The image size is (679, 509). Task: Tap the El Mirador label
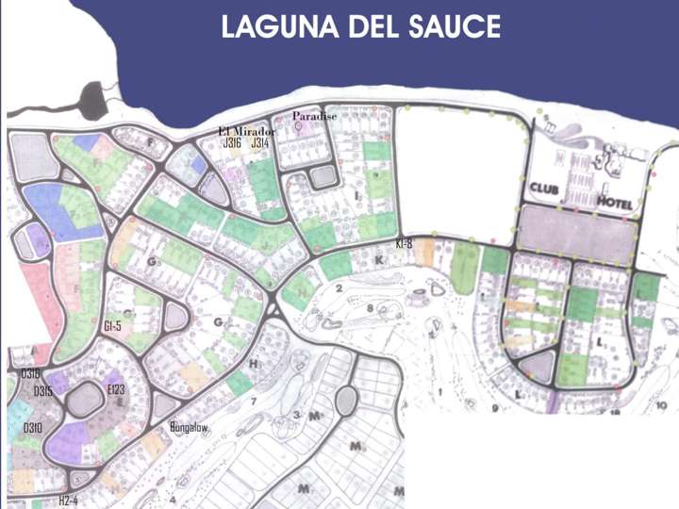coord(246,131)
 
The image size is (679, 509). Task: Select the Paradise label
coord(314,116)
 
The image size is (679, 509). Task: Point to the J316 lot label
coord(232,143)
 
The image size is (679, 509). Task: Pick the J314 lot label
coord(260,143)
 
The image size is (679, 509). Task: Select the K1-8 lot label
coord(405,243)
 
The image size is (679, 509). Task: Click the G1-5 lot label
coord(112,326)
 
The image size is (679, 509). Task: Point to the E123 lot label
coord(116,388)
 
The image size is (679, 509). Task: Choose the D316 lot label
coord(30,374)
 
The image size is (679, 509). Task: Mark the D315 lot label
coord(42,391)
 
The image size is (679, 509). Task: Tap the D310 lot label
coord(33,428)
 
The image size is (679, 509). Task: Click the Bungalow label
coord(189,427)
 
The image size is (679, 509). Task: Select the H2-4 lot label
coord(68,500)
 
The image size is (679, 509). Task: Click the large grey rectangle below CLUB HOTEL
coord(576,234)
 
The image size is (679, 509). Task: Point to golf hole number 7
coord(254,403)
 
